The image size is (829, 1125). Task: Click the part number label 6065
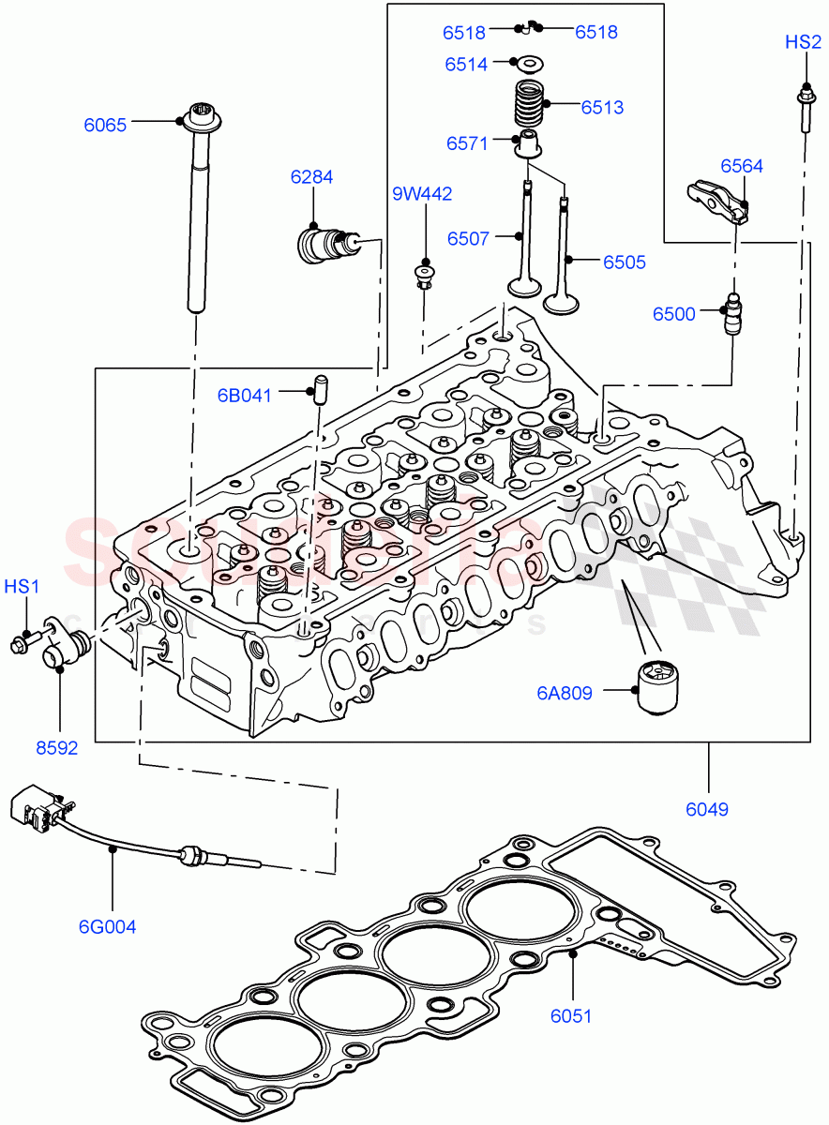point(105,125)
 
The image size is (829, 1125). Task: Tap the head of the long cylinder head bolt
point(201,118)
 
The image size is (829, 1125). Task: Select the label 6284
point(311,177)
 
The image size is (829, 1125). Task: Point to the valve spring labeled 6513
point(531,106)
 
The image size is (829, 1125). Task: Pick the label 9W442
point(422,194)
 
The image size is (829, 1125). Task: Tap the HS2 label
point(803,42)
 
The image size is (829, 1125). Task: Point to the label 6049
point(707,808)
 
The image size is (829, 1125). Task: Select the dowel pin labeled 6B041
point(317,387)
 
